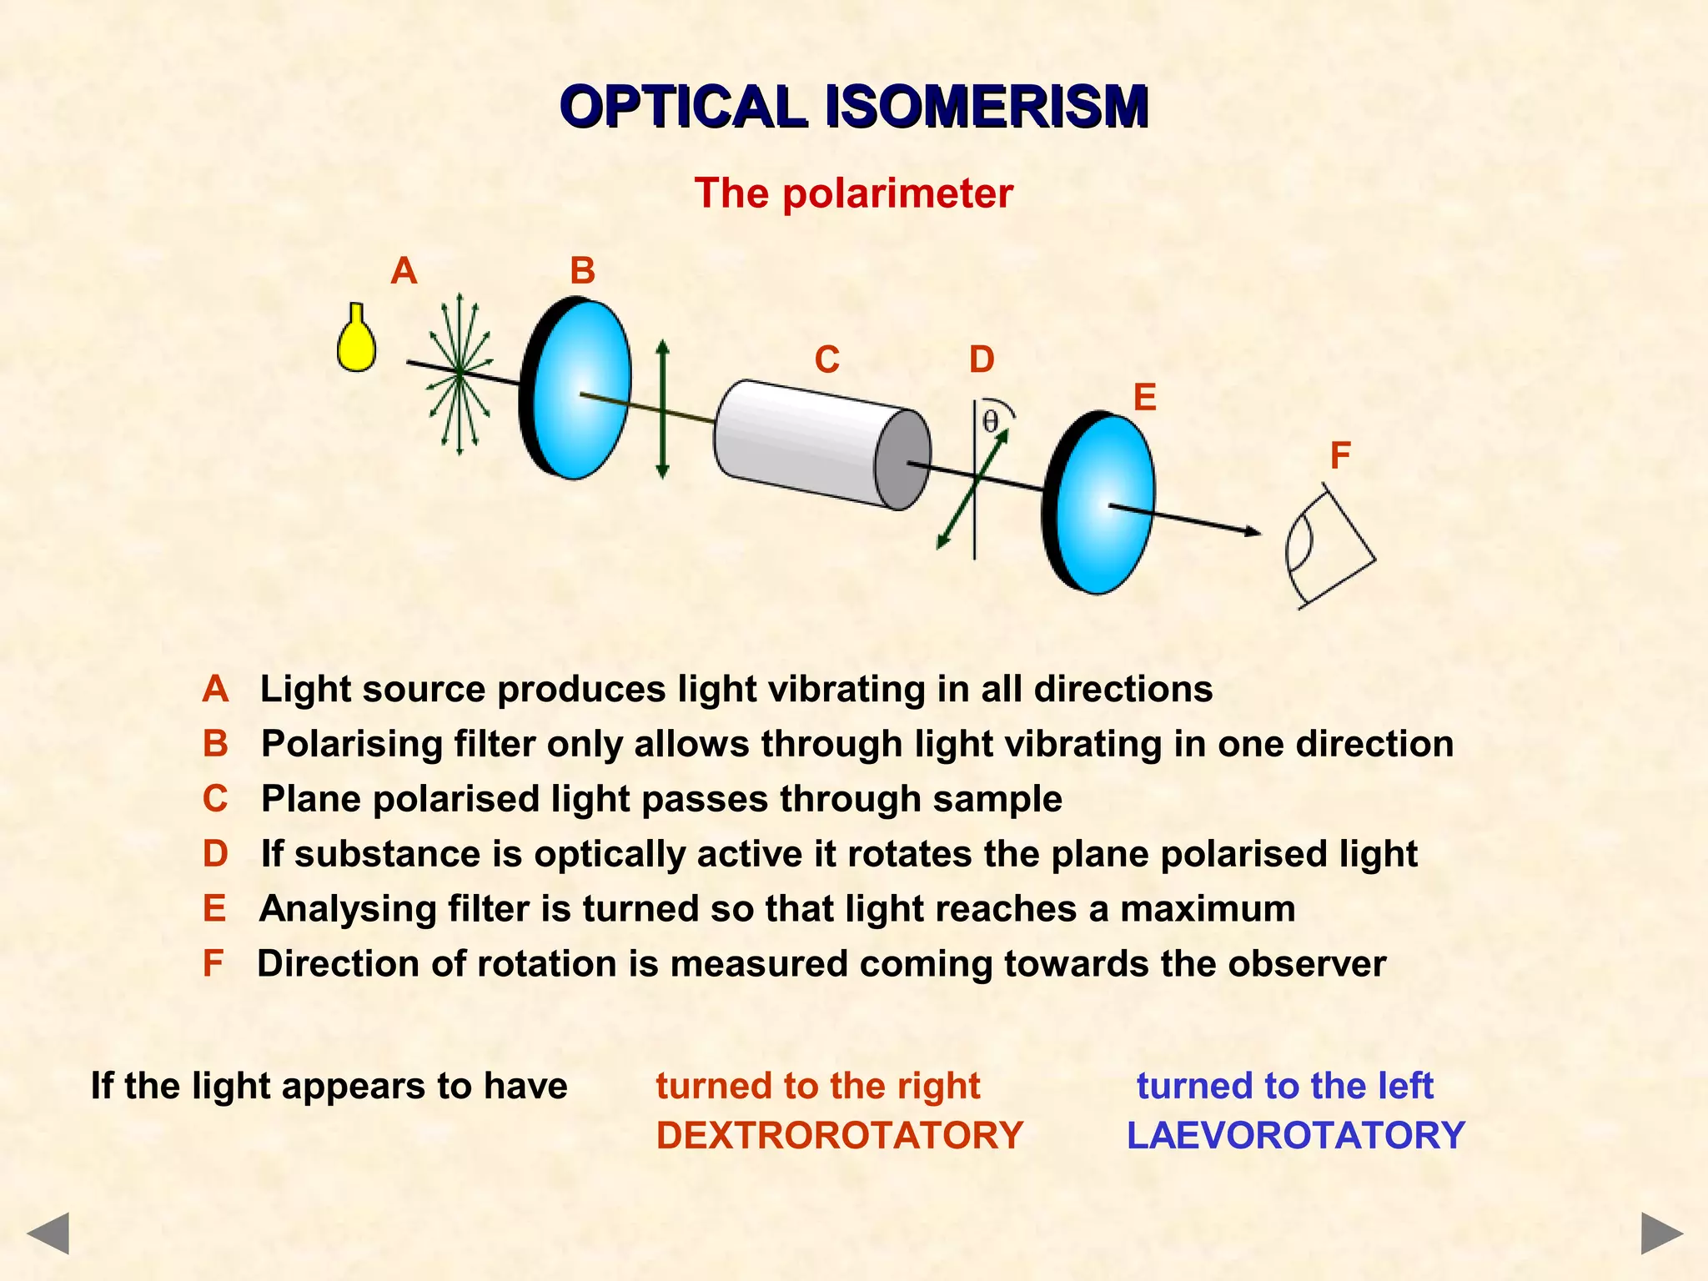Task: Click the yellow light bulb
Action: [356, 342]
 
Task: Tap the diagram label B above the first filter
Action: [582, 271]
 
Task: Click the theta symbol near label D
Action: [990, 421]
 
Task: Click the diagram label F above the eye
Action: [1339, 455]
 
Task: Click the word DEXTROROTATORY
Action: [839, 1136]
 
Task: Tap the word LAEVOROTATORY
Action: [1295, 1136]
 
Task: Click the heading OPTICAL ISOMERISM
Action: [854, 107]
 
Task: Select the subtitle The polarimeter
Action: [853, 193]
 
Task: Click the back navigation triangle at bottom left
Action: [48, 1233]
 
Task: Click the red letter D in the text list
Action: [215, 854]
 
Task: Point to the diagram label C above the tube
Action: [826, 360]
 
